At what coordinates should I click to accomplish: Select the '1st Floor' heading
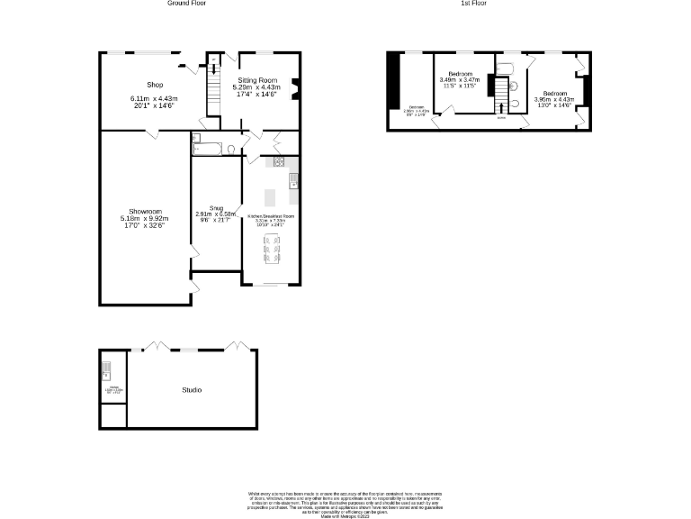click(x=474, y=4)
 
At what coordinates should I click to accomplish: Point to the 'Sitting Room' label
click(x=259, y=80)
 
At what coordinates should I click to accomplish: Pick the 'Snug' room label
click(x=216, y=207)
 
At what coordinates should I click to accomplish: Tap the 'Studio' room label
click(x=192, y=390)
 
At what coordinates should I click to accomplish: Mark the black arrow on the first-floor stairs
click(x=502, y=108)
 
